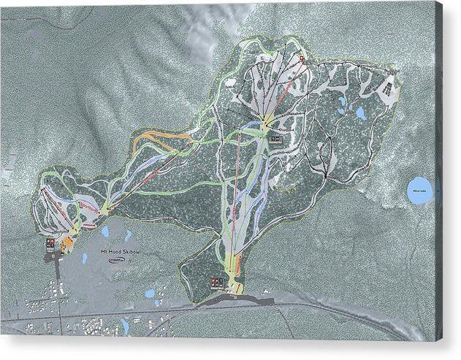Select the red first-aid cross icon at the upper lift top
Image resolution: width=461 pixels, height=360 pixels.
[x=301, y=58]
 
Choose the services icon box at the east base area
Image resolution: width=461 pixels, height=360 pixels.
[x=216, y=281]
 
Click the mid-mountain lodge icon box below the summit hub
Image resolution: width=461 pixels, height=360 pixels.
[x=276, y=138]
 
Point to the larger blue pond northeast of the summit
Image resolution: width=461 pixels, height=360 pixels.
[x=359, y=113]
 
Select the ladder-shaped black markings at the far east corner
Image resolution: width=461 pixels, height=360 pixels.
[x=389, y=90]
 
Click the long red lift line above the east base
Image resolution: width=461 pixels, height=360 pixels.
[x=235, y=197]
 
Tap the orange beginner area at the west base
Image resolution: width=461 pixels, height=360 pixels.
[x=68, y=241]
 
